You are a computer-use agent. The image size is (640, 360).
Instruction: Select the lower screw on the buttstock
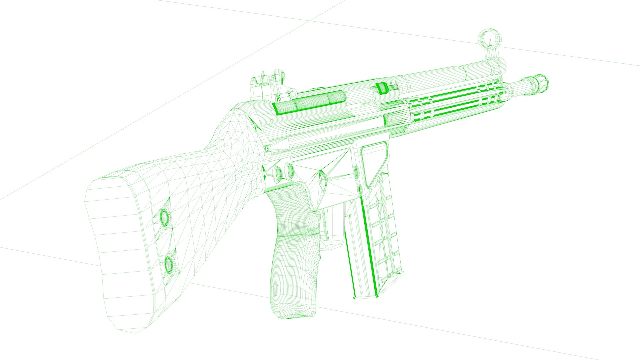click(x=169, y=264)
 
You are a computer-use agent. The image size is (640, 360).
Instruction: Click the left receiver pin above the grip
click(x=278, y=172)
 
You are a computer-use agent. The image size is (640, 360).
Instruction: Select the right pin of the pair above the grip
click(x=290, y=170)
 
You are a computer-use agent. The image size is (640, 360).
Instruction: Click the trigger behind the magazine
click(x=333, y=227)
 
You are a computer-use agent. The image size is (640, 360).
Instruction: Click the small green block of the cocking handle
click(x=380, y=88)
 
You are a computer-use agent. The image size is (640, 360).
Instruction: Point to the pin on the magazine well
click(x=356, y=171)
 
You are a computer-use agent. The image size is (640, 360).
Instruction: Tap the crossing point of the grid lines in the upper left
click(x=308, y=21)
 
